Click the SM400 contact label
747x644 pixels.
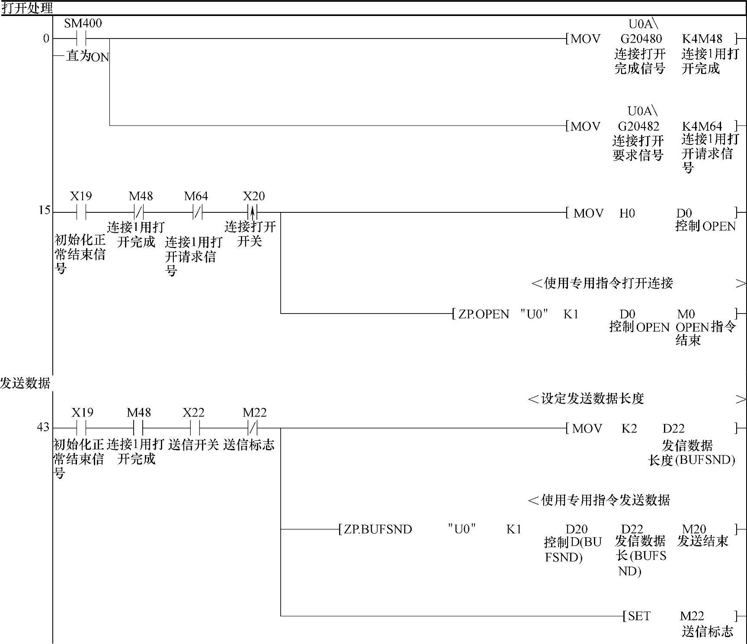click(x=83, y=23)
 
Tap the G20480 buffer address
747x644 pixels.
click(x=641, y=39)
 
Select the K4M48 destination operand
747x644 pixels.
click(x=702, y=39)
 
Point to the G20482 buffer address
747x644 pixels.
click(x=638, y=126)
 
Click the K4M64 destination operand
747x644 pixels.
click(x=702, y=126)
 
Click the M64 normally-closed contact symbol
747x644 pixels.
click(x=197, y=212)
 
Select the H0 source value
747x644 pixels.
click(x=627, y=213)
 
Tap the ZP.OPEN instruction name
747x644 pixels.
click(x=484, y=314)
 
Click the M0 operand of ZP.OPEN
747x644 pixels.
click(x=686, y=314)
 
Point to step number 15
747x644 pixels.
click(x=45, y=211)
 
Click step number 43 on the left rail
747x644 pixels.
click(x=43, y=427)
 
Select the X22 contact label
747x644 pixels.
click(x=193, y=413)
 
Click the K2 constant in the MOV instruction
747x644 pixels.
click(x=629, y=429)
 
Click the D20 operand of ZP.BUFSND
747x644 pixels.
click(x=577, y=529)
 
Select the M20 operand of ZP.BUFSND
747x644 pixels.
click(x=693, y=529)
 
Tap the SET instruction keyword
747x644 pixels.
click(x=639, y=616)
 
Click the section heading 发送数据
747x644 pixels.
click(x=25, y=383)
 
